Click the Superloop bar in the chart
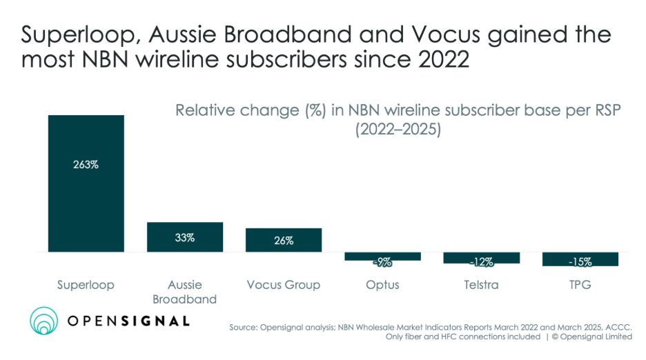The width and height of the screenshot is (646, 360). [86, 207]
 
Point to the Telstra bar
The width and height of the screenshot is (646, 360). [481, 257]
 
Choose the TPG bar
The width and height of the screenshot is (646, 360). [580, 259]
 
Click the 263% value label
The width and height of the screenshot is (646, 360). [86, 166]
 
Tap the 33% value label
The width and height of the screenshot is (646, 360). [184, 237]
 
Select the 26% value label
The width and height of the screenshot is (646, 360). [283, 241]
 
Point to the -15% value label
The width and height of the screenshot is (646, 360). [580, 261]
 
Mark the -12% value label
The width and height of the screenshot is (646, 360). [481, 261]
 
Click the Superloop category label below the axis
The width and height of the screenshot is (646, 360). [86, 285]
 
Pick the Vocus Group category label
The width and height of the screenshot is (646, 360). [283, 285]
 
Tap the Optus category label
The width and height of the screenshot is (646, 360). [382, 285]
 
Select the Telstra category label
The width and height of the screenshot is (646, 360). [481, 285]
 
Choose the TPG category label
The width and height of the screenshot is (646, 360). [580, 285]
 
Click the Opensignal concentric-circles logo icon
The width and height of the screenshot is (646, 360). [48, 321]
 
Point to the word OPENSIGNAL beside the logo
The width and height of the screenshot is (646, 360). [128, 321]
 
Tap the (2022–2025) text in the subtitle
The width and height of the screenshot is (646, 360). [398, 129]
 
